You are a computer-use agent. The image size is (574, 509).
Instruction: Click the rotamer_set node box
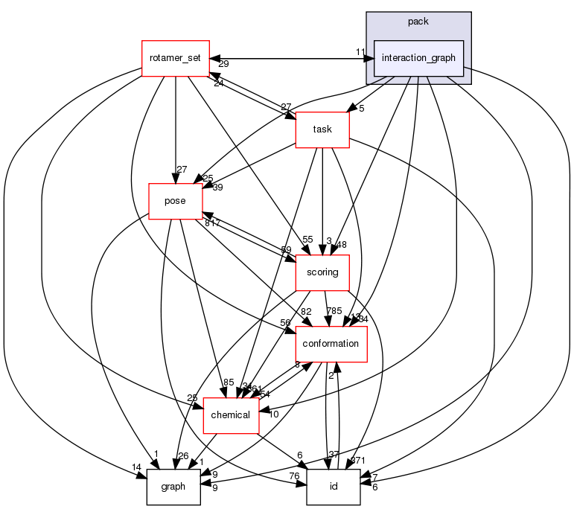[175, 58]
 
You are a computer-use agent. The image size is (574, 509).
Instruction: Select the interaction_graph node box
[418, 58]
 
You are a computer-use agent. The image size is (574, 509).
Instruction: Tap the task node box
[322, 129]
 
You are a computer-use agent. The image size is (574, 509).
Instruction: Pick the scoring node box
[322, 272]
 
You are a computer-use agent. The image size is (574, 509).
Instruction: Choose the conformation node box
[332, 344]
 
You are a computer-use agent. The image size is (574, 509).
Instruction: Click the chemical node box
[231, 415]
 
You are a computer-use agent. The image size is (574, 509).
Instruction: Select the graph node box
[173, 487]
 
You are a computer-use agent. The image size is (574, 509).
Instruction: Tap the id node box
[333, 487]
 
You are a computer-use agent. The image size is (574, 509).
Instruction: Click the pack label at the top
[418, 22]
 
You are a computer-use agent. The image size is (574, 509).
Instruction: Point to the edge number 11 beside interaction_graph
[360, 51]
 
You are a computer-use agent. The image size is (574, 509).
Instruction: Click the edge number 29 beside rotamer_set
[223, 65]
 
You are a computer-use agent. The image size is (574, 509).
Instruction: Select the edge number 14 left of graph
[135, 467]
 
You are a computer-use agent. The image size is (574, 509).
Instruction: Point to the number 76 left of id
[295, 476]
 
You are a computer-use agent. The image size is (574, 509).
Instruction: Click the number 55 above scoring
[307, 240]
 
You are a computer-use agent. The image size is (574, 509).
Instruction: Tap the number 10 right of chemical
[273, 414]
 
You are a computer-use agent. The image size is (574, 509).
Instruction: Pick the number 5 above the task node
[360, 108]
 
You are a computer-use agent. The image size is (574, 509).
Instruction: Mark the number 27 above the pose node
[182, 169]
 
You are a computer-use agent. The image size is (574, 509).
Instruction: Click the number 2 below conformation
[331, 376]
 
